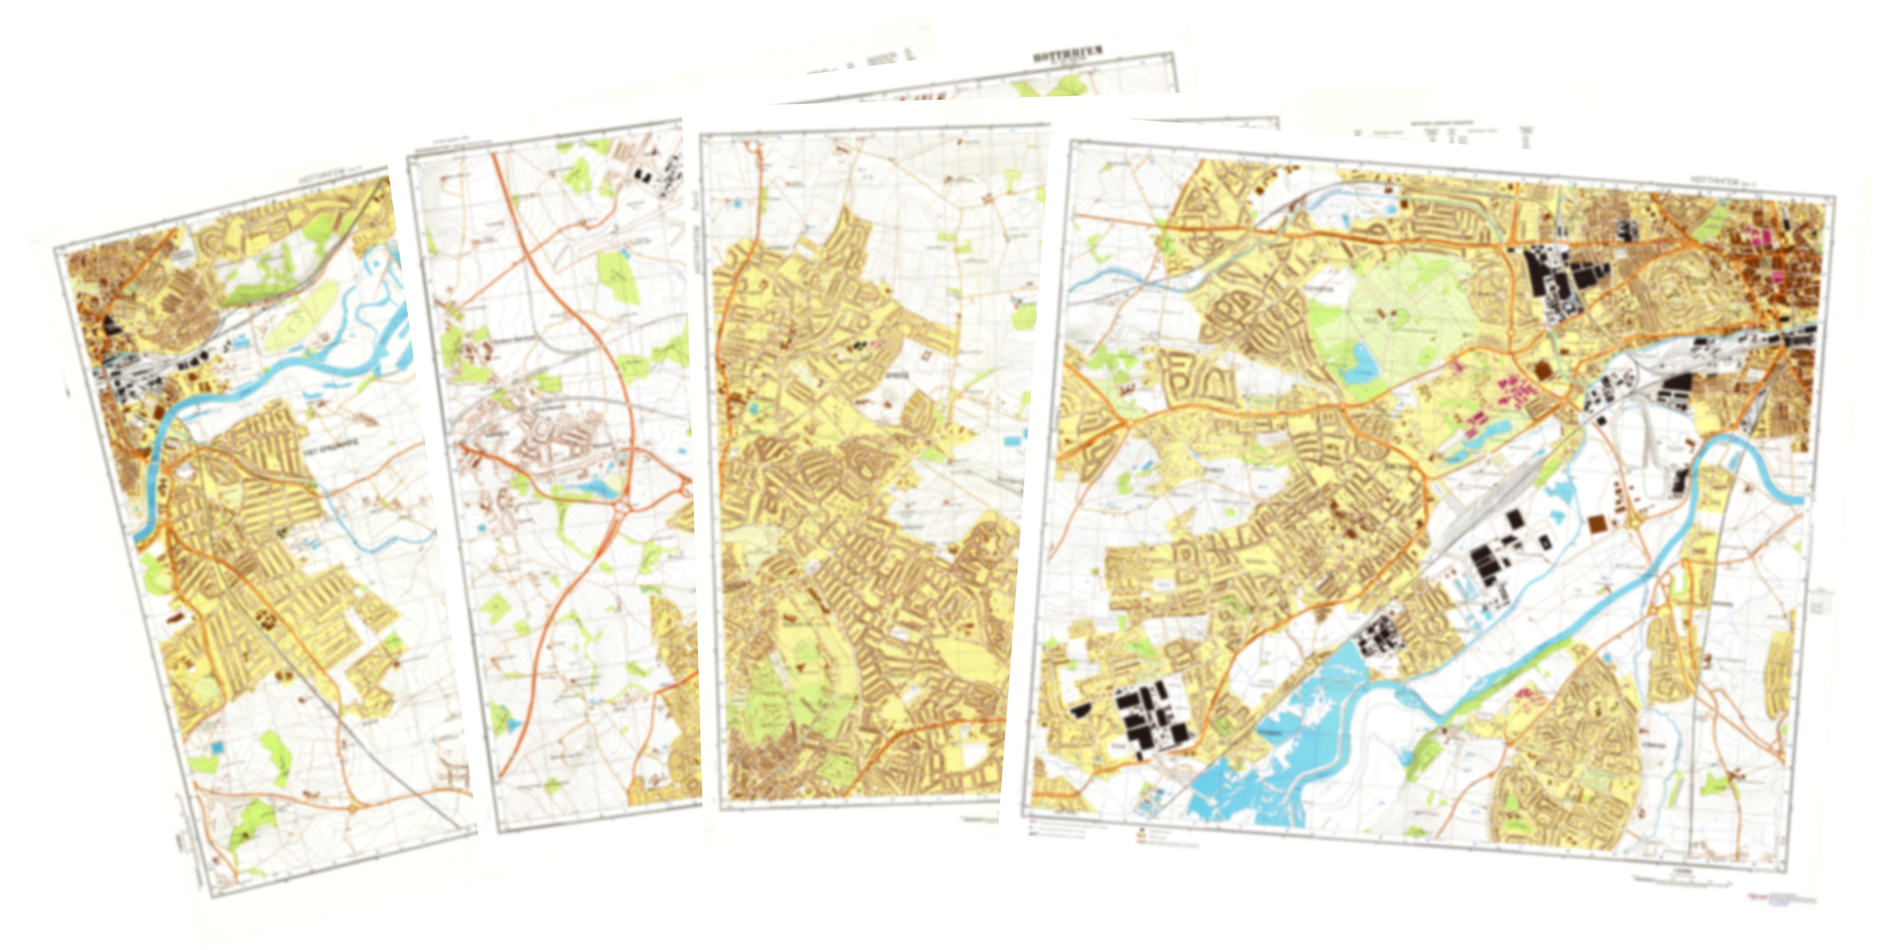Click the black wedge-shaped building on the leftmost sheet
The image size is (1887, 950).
coord(113,326)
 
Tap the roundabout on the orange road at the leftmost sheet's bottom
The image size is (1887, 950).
coord(354,807)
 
